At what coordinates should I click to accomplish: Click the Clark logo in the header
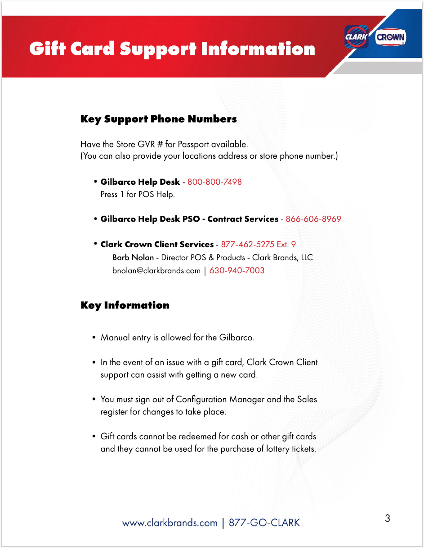[x=357, y=37]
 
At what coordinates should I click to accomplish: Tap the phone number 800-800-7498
[x=214, y=182]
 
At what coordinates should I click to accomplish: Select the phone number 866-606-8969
[x=313, y=219]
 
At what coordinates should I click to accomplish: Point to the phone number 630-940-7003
[x=237, y=271]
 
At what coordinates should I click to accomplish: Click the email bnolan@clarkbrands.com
[x=156, y=271]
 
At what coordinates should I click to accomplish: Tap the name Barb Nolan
[x=133, y=258]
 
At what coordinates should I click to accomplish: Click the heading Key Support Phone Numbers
[x=158, y=119]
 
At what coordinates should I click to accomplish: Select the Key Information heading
[x=125, y=305]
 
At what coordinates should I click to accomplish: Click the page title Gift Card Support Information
[x=172, y=49]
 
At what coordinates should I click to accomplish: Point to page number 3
[x=388, y=518]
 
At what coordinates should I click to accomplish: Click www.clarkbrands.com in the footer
[x=170, y=523]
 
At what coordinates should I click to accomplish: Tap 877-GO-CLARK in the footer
[x=264, y=523]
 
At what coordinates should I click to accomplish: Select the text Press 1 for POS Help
[x=137, y=195]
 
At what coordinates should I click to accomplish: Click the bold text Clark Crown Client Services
[x=157, y=245]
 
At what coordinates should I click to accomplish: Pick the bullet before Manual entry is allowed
[x=94, y=337]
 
